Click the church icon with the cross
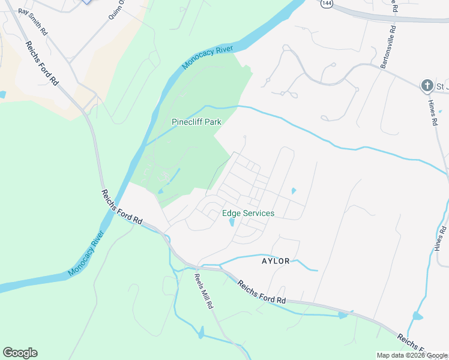427,86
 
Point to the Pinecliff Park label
197,122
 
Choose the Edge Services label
248,213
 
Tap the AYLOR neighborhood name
276,261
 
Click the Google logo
20,353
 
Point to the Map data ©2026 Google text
412,355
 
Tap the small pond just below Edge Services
232,223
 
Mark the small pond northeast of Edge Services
293,191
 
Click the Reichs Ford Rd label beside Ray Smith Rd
41,63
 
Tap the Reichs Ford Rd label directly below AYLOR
261,292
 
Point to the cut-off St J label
442,86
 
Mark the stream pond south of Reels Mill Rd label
201,332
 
